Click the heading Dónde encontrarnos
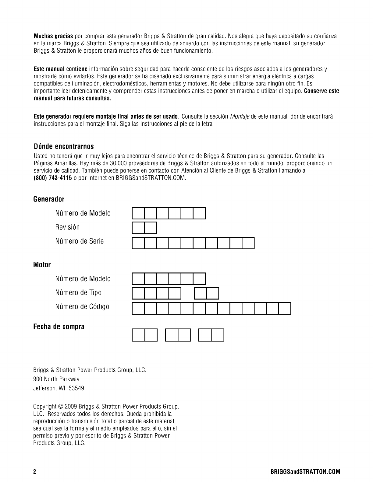pyautogui.click(x=63, y=146)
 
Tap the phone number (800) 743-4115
pyautogui.click(x=52, y=178)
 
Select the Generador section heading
pyautogui.click(x=49, y=199)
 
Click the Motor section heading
pyautogui.click(x=42, y=265)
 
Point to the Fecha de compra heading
pyautogui.click(x=59, y=327)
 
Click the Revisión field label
pyautogui.click(x=67, y=227)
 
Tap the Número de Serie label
pyautogui.click(x=80, y=241)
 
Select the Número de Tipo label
pyautogui.click(x=78, y=293)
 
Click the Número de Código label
pyautogui.click(x=82, y=307)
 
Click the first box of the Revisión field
pyautogui.click(x=138, y=228)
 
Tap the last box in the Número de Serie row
pyautogui.click(x=248, y=243)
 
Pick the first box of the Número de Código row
pyautogui.click(x=138, y=308)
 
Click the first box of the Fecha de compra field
pyautogui.click(x=138, y=335)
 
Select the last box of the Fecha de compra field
pyautogui.click(x=218, y=335)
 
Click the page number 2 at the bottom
pyautogui.click(x=35, y=472)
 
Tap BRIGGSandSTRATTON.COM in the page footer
pyautogui.click(x=305, y=472)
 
